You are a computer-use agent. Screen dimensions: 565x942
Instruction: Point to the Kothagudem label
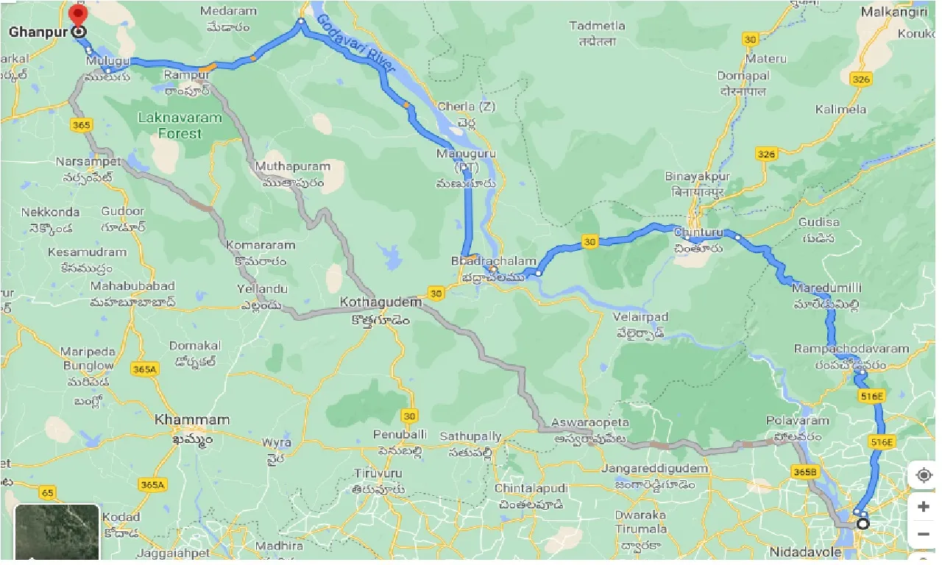pos(380,302)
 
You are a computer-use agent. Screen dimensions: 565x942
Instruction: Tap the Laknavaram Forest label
pos(180,126)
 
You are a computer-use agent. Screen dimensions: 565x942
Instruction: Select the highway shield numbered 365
pos(82,125)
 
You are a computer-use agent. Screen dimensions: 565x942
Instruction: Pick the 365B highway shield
pos(804,471)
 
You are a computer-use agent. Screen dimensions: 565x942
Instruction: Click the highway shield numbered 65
pos(49,492)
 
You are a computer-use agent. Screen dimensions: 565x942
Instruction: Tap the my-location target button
pos(924,476)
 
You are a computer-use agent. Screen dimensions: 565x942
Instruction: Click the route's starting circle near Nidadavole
pos(863,524)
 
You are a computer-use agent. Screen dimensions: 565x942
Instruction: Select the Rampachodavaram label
pos(851,349)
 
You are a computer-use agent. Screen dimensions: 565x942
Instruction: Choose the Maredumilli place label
pos(827,288)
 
